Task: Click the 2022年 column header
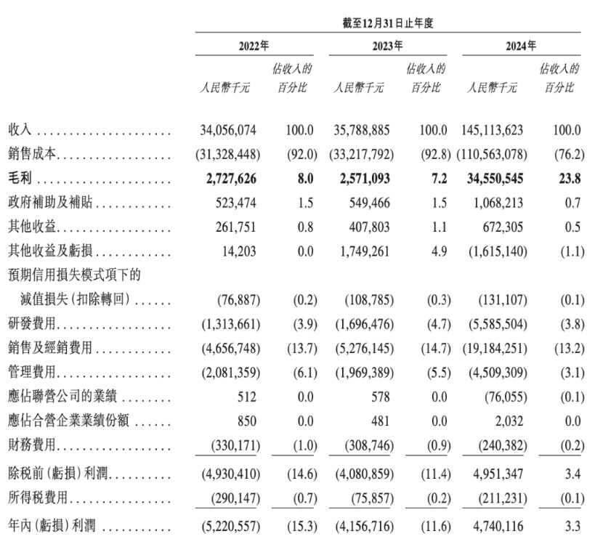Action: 254,46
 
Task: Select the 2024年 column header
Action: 521,46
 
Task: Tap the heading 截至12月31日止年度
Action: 388,23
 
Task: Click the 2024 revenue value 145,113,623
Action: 493,131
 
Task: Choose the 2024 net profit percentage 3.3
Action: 572,524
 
